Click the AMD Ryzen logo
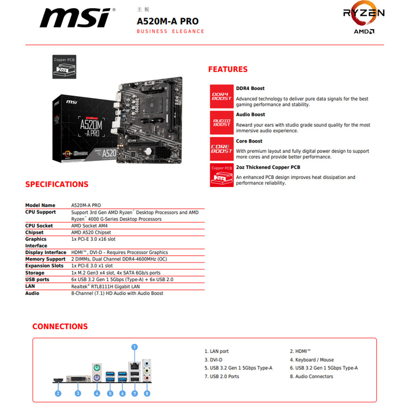[x=364, y=20]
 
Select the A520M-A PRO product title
[x=167, y=21]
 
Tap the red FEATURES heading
[x=228, y=69]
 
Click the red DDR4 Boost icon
[x=222, y=96]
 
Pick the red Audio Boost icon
[x=222, y=122]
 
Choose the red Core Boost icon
[x=222, y=149]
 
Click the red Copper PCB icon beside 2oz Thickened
[x=222, y=175]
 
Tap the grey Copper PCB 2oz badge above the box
[x=65, y=67]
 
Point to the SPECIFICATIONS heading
[x=57, y=184]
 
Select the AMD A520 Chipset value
[x=91, y=232]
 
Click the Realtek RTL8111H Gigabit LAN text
[x=105, y=286]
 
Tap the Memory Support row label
[x=45, y=259]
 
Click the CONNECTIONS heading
[x=60, y=326]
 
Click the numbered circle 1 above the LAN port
[x=135, y=347]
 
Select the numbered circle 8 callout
[x=147, y=393]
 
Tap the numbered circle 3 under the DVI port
[x=78, y=393]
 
